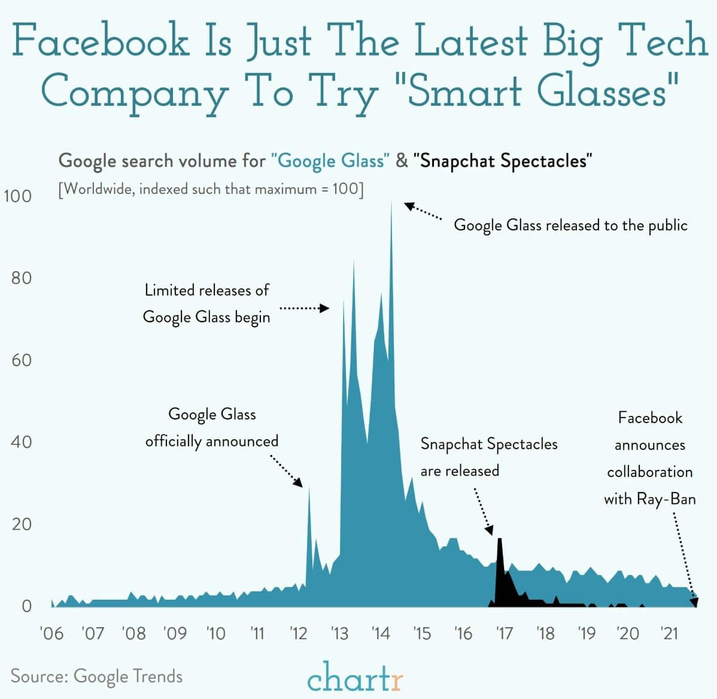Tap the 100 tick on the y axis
[18, 196]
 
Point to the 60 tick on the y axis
[21, 360]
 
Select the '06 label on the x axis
[51, 633]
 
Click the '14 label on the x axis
[381, 633]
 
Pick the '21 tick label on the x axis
[669, 633]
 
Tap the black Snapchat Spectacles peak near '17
[500, 542]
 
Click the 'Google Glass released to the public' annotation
[570, 225]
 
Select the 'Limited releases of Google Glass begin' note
[206, 303]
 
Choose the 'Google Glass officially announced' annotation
[212, 427]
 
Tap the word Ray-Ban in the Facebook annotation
[666, 499]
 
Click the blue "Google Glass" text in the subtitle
[330, 161]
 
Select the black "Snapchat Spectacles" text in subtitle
[503, 161]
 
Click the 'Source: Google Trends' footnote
[96, 676]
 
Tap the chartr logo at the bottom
[356, 677]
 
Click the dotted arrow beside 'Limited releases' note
[304, 308]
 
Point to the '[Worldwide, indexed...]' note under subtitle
[211, 190]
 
